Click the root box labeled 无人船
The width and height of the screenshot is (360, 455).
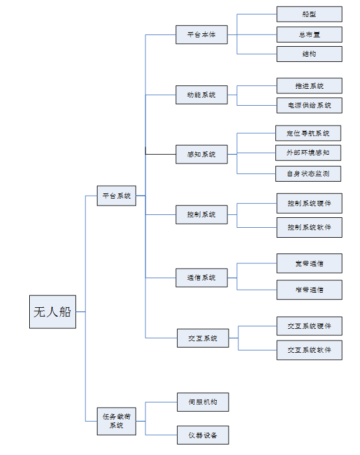tap(53, 312)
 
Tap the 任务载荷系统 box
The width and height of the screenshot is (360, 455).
tap(116, 421)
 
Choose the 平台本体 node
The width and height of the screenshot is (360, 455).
tap(202, 34)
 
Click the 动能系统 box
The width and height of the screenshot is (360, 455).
tap(202, 95)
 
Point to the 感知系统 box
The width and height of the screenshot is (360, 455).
tap(202, 154)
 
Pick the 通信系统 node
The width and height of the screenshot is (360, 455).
tap(202, 277)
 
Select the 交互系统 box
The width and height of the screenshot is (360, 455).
tap(203, 338)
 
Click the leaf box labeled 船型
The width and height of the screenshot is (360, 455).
tap(309, 14)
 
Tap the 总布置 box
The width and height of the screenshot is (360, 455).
tap(309, 34)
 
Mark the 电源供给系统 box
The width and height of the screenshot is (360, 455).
tap(309, 106)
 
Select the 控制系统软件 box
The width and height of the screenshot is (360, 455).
tap(309, 227)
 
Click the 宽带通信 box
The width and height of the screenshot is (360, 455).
tap(309, 263)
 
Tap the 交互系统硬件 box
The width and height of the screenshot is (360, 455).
tap(309, 326)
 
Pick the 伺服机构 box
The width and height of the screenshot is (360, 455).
tap(203, 402)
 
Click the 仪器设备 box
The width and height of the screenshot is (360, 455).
tap(203, 435)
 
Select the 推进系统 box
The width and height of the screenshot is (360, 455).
tap(309, 86)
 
